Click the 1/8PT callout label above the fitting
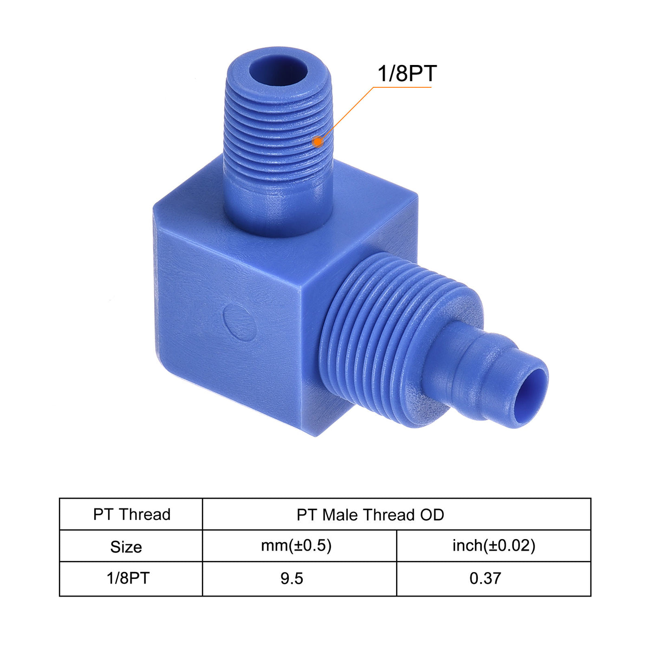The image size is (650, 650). tap(407, 74)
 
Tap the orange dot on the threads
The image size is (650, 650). tap(318, 141)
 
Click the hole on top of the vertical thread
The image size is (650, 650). tap(278, 70)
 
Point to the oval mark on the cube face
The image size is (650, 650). tap(239, 322)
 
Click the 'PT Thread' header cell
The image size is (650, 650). tap(132, 514)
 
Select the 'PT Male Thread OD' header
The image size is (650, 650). tap(370, 514)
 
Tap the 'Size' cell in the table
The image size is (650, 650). tap(126, 546)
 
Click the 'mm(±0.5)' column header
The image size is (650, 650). tap(296, 546)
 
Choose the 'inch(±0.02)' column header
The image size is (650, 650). tap(494, 546)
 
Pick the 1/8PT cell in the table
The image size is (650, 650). tap(128, 578)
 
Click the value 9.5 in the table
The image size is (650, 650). tap(292, 578)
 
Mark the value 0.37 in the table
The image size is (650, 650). tap(485, 578)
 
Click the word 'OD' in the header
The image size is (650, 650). tap(432, 514)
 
